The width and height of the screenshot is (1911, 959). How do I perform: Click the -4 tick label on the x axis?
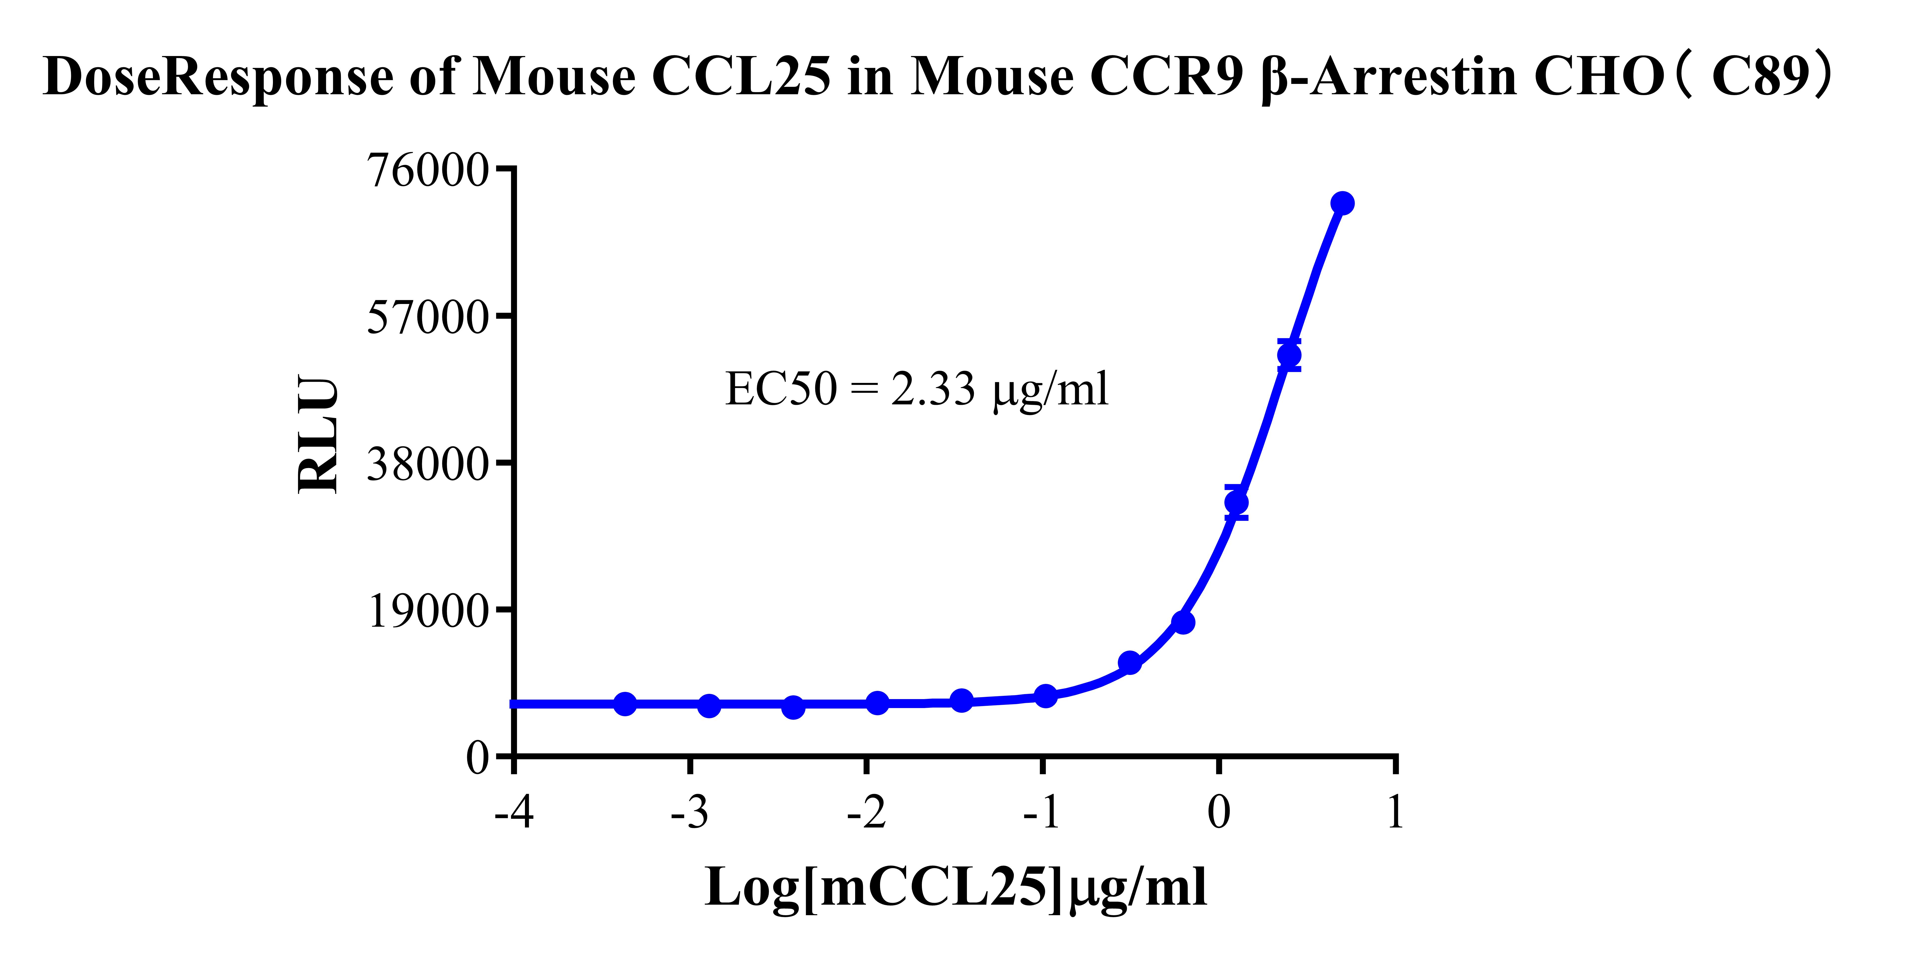click(514, 812)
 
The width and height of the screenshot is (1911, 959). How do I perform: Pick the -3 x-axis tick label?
click(690, 812)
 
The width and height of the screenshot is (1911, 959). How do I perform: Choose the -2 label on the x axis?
click(867, 812)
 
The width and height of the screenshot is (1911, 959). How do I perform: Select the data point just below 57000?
click(1289, 355)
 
